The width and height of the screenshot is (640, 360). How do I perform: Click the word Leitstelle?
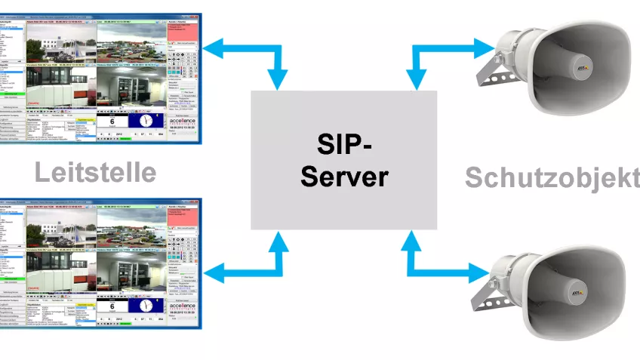(x=95, y=172)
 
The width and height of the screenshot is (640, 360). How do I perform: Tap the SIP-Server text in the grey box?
(x=343, y=160)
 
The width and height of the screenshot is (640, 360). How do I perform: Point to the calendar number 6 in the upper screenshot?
(x=112, y=122)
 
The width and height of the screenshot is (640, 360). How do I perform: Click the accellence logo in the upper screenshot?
(x=184, y=122)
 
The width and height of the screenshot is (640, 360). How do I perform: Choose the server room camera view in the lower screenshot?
(x=60, y=276)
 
